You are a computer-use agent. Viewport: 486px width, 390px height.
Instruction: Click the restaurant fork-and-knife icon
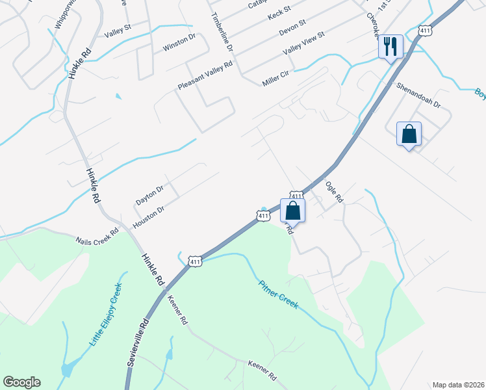[390, 46]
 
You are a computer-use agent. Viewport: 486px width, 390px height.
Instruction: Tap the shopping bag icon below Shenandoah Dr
[409, 134]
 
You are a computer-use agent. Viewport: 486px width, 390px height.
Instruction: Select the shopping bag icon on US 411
[292, 210]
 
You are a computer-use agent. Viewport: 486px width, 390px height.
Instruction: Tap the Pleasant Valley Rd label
[205, 76]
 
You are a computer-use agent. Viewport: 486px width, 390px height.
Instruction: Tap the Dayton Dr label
[149, 194]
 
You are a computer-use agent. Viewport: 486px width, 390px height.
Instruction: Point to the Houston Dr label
[149, 217]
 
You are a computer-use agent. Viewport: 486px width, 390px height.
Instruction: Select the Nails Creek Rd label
[97, 236]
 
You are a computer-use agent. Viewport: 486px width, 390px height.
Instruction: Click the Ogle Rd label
[333, 193]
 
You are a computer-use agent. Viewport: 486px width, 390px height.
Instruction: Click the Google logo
[21, 382]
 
